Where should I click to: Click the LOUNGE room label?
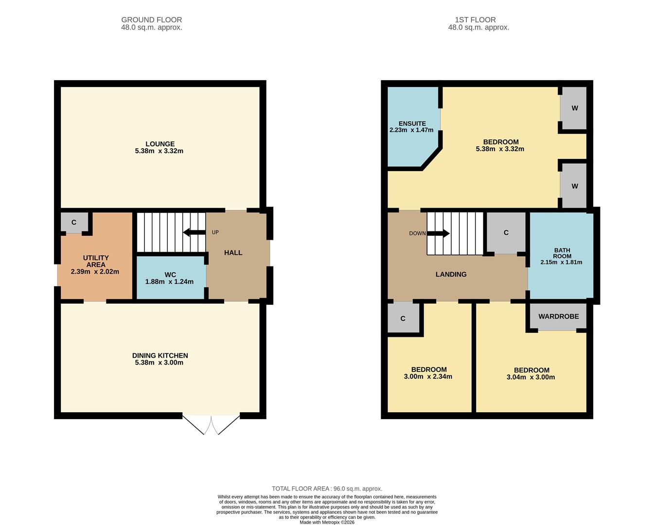160,144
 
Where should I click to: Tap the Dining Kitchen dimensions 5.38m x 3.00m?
159,363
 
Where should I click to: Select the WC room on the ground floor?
170,278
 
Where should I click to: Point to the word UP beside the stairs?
215,232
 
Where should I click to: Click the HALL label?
233,253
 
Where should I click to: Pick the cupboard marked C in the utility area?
74,223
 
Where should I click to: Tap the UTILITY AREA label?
96,261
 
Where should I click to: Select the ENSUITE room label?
412,123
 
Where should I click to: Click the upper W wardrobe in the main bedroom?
574,108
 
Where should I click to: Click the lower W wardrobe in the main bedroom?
574,186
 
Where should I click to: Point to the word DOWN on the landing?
417,233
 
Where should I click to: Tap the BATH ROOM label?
562,253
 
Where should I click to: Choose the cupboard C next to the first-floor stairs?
506,233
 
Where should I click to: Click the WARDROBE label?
558,316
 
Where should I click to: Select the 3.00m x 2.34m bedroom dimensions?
428,377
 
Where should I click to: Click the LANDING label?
451,275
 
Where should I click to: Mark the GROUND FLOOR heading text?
152,20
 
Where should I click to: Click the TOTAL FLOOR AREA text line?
327,489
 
